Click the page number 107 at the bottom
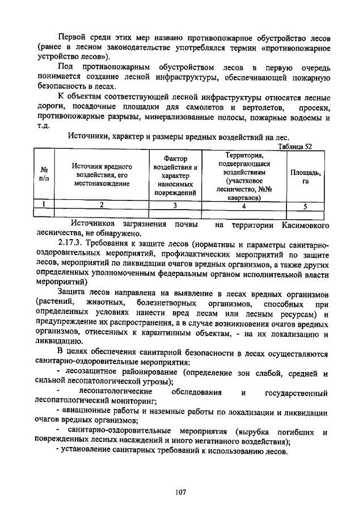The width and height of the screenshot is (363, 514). coord(181,492)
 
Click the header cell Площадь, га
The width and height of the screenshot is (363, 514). coord(306,176)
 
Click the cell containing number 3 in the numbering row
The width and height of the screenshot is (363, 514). coord(175,206)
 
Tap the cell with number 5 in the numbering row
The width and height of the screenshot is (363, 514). coord(305,206)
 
